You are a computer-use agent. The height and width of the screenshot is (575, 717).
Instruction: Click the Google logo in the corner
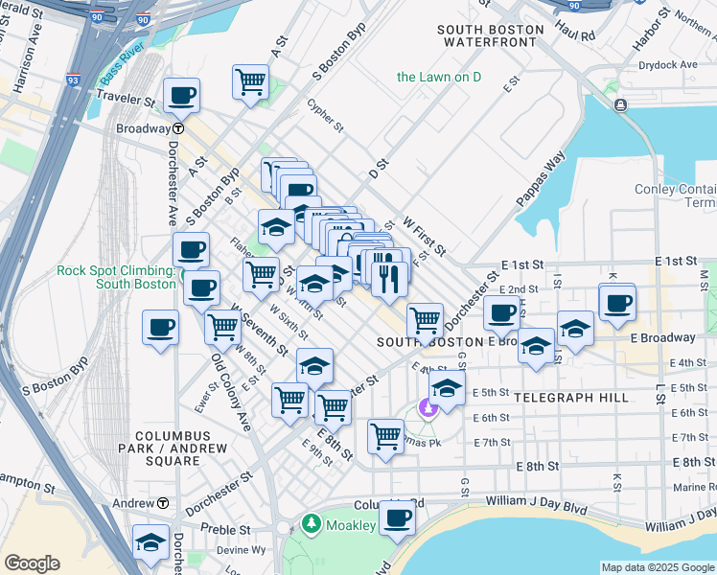pyautogui.click(x=32, y=563)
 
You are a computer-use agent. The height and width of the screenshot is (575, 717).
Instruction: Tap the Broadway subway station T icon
pyautogui.click(x=178, y=128)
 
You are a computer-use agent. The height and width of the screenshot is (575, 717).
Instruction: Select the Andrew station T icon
pyautogui.click(x=163, y=503)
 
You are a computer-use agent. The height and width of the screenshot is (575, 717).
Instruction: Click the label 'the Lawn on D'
pyautogui.click(x=439, y=77)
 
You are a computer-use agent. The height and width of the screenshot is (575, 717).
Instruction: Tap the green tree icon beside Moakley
pyautogui.click(x=311, y=524)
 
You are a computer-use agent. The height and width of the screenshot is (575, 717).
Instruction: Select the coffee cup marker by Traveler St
pyautogui.click(x=181, y=96)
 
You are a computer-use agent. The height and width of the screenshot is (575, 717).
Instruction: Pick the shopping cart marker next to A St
pyautogui.click(x=250, y=81)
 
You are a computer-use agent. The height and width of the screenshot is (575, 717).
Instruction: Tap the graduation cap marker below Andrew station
pyautogui.click(x=150, y=542)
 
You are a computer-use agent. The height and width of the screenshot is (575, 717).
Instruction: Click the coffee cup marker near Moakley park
pyautogui.click(x=396, y=518)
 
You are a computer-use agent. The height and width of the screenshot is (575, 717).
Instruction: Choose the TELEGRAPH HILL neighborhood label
pyautogui.click(x=571, y=397)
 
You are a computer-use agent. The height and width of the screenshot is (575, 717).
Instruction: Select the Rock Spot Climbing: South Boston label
pyautogui.click(x=115, y=277)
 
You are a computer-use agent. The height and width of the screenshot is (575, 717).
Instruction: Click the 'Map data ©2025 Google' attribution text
pyautogui.click(x=658, y=566)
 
